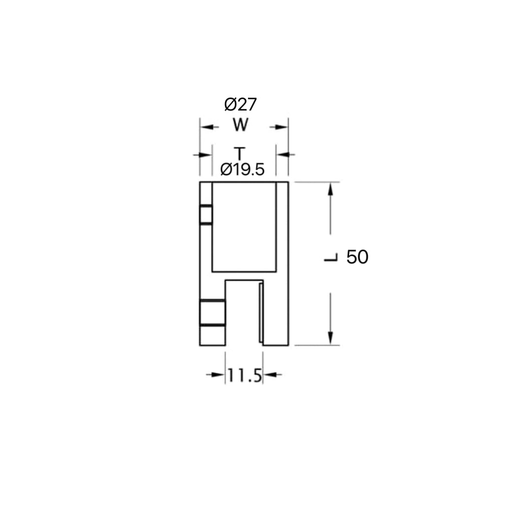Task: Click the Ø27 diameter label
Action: [241, 105]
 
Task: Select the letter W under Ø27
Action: [240, 125]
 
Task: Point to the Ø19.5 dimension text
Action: [242, 170]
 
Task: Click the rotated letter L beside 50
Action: [331, 257]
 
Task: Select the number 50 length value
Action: [357, 257]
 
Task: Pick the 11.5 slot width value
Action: [244, 376]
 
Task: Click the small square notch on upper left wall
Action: [206, 215]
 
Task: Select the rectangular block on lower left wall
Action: [212, 312]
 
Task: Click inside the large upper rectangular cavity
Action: [244, 227]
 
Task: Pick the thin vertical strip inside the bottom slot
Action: [261, 313]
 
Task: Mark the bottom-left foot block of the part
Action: [212, 336]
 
